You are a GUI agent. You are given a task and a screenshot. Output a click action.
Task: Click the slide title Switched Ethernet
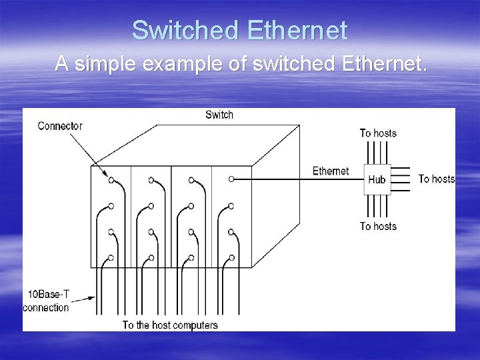tap(239, 31)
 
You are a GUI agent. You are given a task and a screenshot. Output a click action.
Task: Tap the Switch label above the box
tap(219, 115)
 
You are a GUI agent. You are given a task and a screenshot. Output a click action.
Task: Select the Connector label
tap(60, 126)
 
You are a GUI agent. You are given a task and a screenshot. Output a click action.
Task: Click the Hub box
tap(377, 179)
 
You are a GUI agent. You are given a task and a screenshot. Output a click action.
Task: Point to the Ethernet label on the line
tap(331, 171)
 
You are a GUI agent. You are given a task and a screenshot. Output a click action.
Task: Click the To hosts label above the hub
tap(378, 133)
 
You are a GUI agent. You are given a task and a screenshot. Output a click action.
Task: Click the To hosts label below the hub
tap(378, 227)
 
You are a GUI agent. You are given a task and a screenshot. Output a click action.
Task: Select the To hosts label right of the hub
tap(436, 179)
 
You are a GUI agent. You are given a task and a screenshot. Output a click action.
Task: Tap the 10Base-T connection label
tap(46, 301)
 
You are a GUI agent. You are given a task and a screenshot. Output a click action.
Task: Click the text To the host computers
tap(170, 325)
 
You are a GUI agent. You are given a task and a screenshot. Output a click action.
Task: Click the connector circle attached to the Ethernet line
tap(231, 179)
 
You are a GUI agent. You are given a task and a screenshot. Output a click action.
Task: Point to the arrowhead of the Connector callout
tap(108, 176)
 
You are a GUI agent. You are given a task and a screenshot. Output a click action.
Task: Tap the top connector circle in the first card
tap(111, 180)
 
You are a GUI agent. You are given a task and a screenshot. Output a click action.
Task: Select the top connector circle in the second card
tap(151, 180)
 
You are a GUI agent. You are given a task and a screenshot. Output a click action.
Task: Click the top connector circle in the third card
tap(191, 180)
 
